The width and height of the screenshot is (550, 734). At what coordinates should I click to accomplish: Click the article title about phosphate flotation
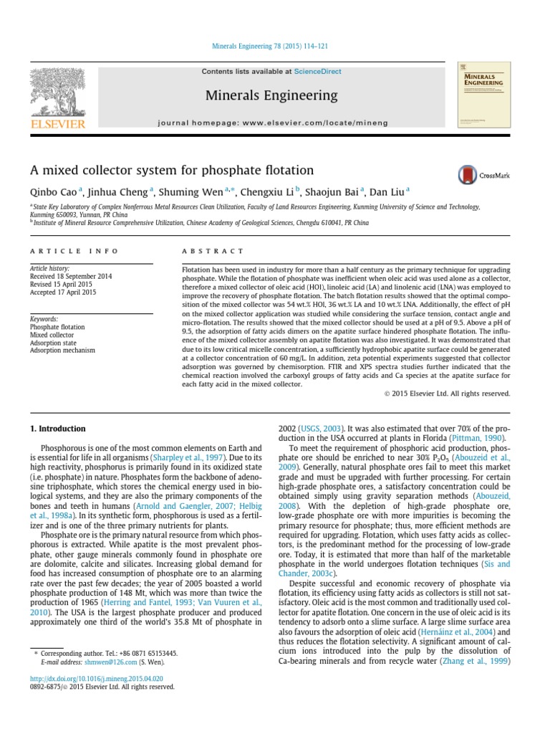click(x=172, y=171)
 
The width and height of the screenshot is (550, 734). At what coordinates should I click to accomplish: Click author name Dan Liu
click(x=387, y=191)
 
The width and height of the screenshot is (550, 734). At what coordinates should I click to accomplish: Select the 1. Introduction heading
click(x=57, y=429)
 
